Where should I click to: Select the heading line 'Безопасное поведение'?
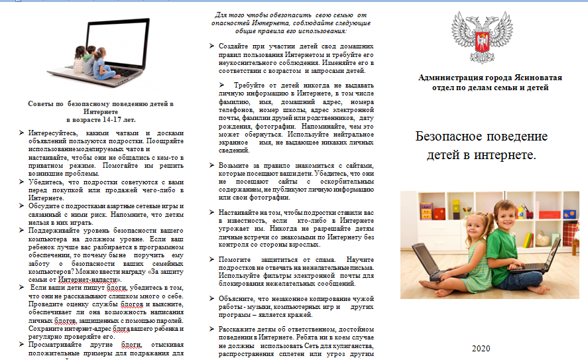481,137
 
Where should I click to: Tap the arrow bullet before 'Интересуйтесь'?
23,133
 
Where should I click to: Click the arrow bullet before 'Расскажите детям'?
211,330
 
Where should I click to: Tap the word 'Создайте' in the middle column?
234,46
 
